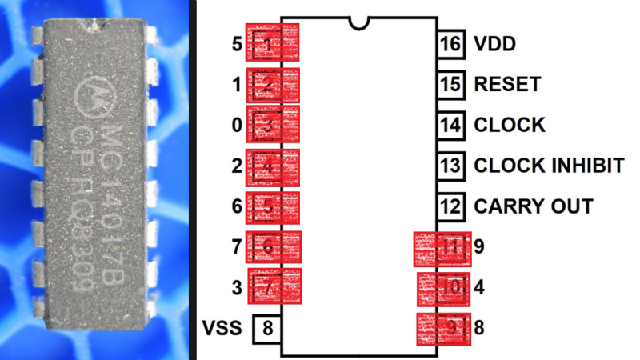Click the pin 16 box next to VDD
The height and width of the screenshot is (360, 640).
451,43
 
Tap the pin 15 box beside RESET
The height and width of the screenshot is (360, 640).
451,84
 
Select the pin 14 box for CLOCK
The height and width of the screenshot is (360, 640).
451,125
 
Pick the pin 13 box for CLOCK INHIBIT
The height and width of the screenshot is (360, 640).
451,166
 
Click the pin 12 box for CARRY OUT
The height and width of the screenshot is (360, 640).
451,206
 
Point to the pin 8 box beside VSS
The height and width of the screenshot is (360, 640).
267,328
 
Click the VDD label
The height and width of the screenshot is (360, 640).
494,43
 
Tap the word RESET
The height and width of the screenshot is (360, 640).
507,84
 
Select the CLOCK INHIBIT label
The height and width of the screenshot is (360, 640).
549,166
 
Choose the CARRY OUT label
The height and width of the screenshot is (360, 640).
534,206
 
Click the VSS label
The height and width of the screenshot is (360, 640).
222,328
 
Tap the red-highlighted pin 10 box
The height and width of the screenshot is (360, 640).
445,287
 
